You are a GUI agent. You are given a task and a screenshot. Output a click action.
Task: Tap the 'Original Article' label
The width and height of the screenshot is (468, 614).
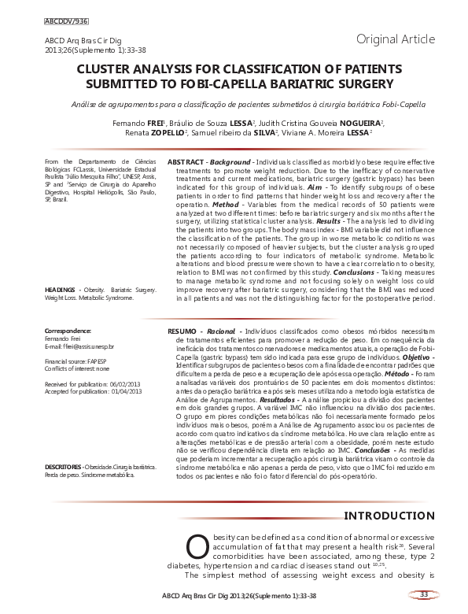point(395,39)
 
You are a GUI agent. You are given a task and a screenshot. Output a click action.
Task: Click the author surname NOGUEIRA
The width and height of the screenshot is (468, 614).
point(359,124)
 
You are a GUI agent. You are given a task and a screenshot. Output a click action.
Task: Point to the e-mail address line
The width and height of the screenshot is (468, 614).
point(79,346)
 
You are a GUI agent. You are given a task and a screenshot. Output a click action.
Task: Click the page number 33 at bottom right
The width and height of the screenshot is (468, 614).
point(423,594)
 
